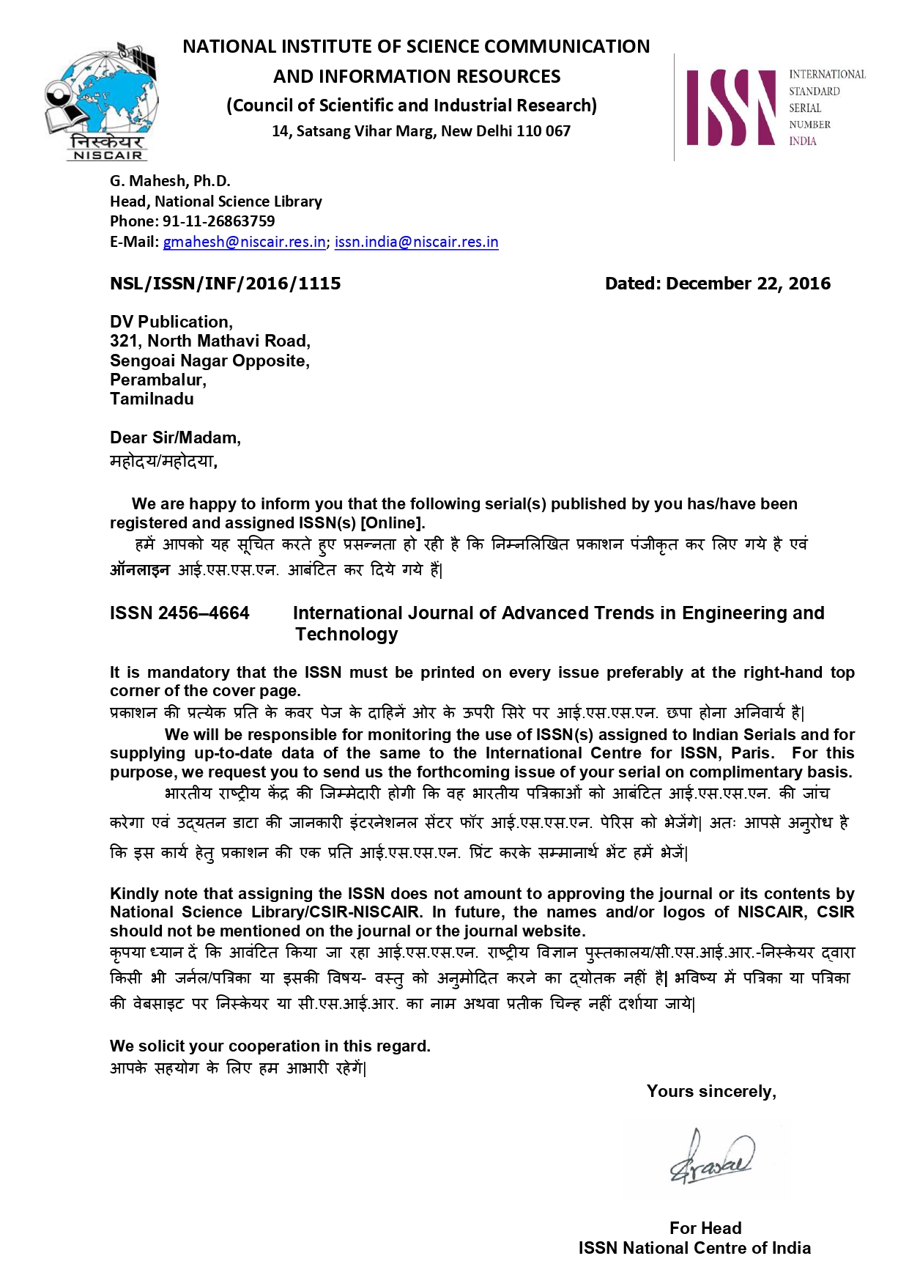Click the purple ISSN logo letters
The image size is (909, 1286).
tap(730, 108)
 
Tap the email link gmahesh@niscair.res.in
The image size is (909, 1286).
tap(244, 242)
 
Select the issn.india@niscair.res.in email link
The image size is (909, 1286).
tap(416, 242)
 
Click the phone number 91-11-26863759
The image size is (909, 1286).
tap(218, 221)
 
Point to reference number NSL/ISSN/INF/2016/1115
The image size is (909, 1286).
tap(225, 284)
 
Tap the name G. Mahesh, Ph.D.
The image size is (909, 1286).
tap(170, 181)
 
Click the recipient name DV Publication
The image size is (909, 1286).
tap(171, 322)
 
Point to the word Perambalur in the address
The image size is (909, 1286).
tap(157, 380)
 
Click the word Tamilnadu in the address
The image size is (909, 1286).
tap(152, 399)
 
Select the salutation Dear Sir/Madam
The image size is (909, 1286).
tap(175, 438)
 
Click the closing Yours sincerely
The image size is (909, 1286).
tap(710, 1092)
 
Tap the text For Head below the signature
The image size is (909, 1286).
tap(705, 1228)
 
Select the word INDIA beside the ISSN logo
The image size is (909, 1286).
tap(802, 141)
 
